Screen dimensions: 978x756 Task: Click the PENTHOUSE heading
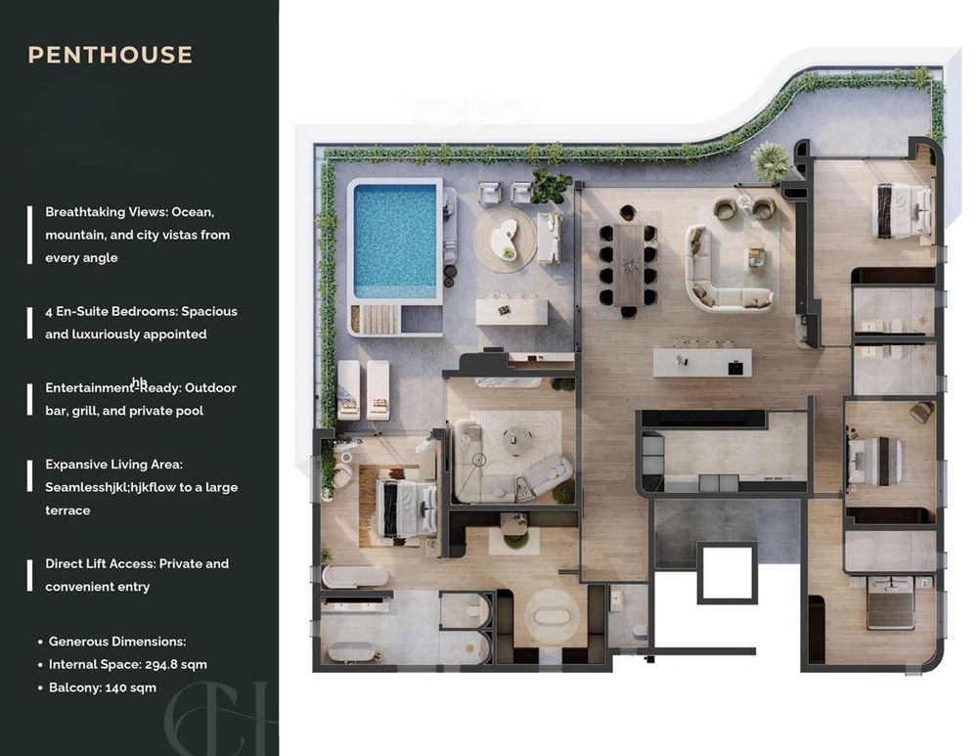[111, 55]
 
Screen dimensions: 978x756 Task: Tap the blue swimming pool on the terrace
[395, 242]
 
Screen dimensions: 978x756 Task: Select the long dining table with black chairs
[629, 264]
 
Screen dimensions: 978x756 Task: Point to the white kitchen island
[702, 363]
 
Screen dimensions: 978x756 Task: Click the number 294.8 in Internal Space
[161, 665]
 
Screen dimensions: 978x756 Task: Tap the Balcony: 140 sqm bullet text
[103, 688]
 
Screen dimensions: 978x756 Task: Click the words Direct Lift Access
[101, 564]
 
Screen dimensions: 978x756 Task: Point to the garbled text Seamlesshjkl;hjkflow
[111, 487]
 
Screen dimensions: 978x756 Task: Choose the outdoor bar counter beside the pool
[512, 311]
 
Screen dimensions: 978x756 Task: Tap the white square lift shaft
[728, 571]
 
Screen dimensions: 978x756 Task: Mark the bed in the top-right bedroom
[904, 210]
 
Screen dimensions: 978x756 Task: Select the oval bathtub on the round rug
[551, 617]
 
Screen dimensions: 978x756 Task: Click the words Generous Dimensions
[117, 642]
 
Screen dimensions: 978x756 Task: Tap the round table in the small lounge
[515, 437]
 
